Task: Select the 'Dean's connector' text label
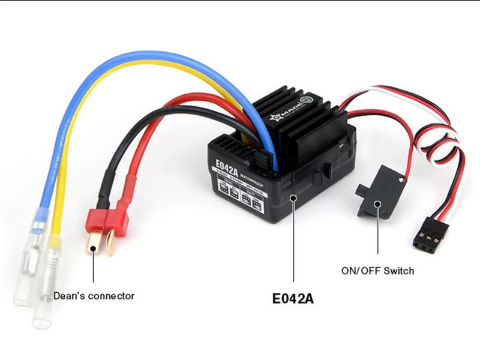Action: [x=94, y=296]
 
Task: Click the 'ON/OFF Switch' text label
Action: [x=377, y=271]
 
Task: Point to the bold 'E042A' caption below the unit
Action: [x=293, y=298]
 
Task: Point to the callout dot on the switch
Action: [x=378, y=204]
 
